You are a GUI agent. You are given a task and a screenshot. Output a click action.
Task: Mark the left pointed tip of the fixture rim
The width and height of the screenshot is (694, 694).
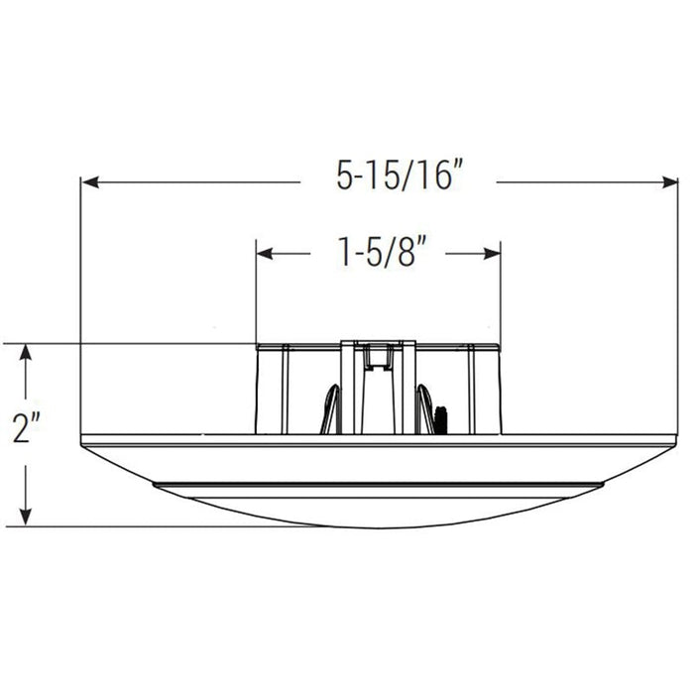(x=82, y=440)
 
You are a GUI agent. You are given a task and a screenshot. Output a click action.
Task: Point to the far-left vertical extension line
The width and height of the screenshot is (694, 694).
(x=80, y=297)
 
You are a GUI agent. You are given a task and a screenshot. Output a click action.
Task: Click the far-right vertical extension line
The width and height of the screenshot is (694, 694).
(x=678, y=297)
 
